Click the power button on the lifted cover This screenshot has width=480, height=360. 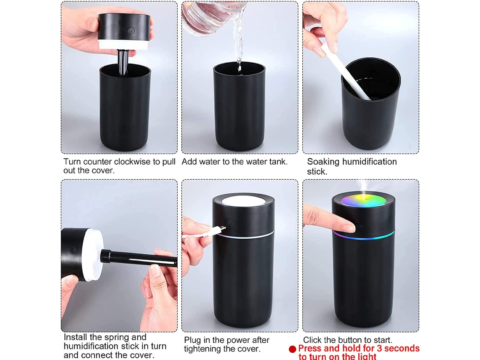coord(131,31)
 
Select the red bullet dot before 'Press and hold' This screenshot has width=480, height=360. coord(292,349)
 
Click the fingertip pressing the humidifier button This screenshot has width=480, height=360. coord(350,227)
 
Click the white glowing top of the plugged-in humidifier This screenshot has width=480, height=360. coord(243,201)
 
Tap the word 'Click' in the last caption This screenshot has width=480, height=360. coord(312,340)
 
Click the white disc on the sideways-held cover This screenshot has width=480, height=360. coord(92,255)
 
